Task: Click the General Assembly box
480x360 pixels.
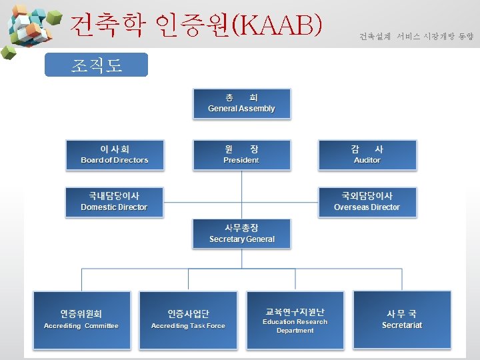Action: pyautogui.click(x=241, y=103)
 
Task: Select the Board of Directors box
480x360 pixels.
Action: pyautogui.click(x=115, y=154)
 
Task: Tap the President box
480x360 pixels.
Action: pyautogui.click(x=241, y=154)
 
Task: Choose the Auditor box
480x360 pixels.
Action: pyautogui.click(x=367, y=154)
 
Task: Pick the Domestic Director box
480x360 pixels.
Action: pyautogui.click(x=115, y=201)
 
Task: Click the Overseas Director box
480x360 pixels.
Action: pyautogui.click(x=367, y=201)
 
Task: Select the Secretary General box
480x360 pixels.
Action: pyautogui.click(x=241, y=233)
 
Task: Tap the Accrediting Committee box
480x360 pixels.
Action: pyautogui.click(x=81, y=320)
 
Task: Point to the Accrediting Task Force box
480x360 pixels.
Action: pyautogui.click(x=188, y=320)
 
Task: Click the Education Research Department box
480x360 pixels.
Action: pyautogui.click(x=295, y=320)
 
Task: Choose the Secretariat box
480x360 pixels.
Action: pyautogui.click(x=402, y=320)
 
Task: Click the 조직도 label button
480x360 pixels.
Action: pyautogui.click(x=96, y=65)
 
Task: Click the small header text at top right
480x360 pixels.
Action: pyautogui.click(x=416, y=36)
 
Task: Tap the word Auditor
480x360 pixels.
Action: pyautogui.click(x=367, y=161)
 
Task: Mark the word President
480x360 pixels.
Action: pyautogui.click(x=241, y=161)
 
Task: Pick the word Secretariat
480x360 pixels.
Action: pyautogui.click(x=402, y=325)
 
